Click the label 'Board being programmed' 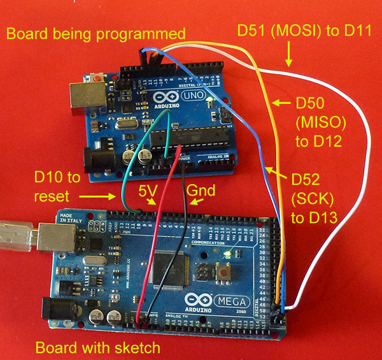coord(95,33)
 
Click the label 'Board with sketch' coord(97,348)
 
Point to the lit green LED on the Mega coord(227,256)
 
